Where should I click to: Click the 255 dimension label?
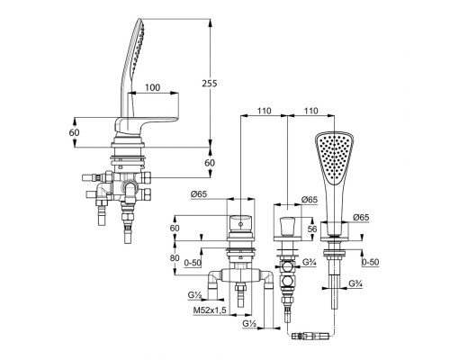(209, 83)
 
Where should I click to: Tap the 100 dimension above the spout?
(153, 87)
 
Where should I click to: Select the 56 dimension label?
(312, 229)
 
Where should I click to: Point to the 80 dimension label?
(175, 257)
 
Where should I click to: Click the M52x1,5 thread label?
(210, 310)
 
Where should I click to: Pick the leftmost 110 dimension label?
(264, 111)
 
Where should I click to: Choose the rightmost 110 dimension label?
(310, 111)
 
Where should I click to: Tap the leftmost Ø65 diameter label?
(199, 194)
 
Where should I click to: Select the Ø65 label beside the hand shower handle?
(361, 218)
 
